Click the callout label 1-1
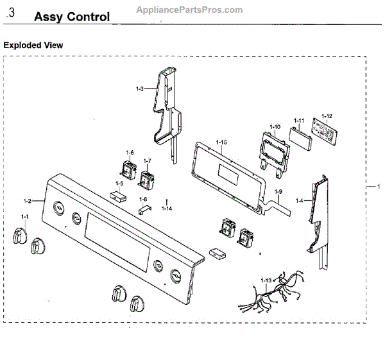point(25,218)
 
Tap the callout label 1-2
point(27,201)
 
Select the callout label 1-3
point(140,88)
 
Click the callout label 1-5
point(118,184)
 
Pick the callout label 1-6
point(130,153)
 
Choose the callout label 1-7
point(147,160)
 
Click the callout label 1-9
point(278,193)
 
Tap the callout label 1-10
point(275,127)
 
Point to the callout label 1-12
point(327,116)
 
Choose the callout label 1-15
point(221,141)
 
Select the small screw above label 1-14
point(167,201)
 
